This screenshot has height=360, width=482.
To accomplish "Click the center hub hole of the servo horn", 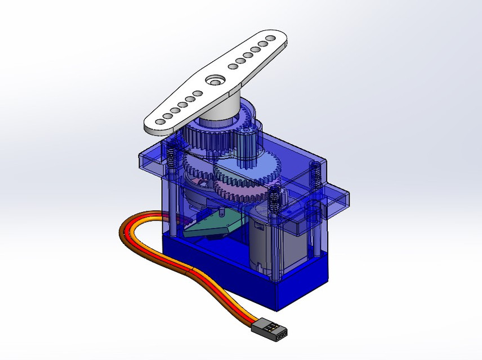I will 215,80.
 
